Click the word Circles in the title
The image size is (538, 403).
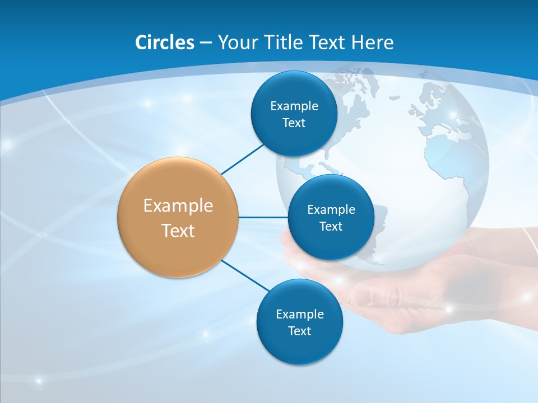pos(164,43)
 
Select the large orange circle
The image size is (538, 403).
pos(178,217)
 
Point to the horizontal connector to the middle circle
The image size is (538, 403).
pos(263,217)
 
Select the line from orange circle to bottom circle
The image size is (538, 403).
pos(244,275)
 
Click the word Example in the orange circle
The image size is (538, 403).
pos(178,205)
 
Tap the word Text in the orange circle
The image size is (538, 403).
pos(178,231)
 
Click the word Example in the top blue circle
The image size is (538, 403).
pos(294,106)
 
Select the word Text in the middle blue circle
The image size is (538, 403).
pos(331,226)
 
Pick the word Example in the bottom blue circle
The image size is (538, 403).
pos(299,314)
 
